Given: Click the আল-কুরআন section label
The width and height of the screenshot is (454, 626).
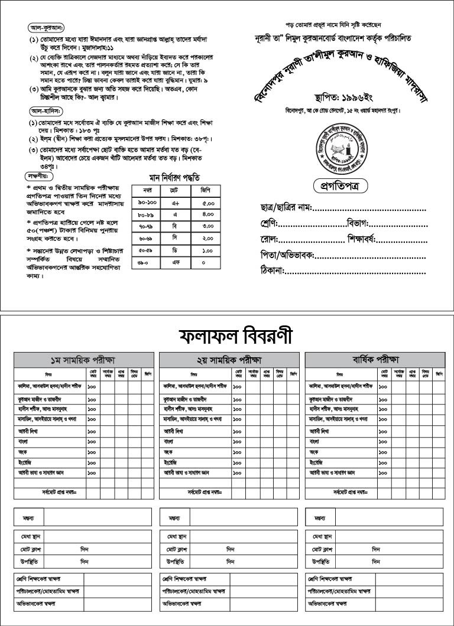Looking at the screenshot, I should (47, 28).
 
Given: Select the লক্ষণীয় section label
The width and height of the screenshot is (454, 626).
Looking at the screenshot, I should (40, 175).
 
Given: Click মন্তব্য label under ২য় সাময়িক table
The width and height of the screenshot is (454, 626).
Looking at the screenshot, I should (174, 518).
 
